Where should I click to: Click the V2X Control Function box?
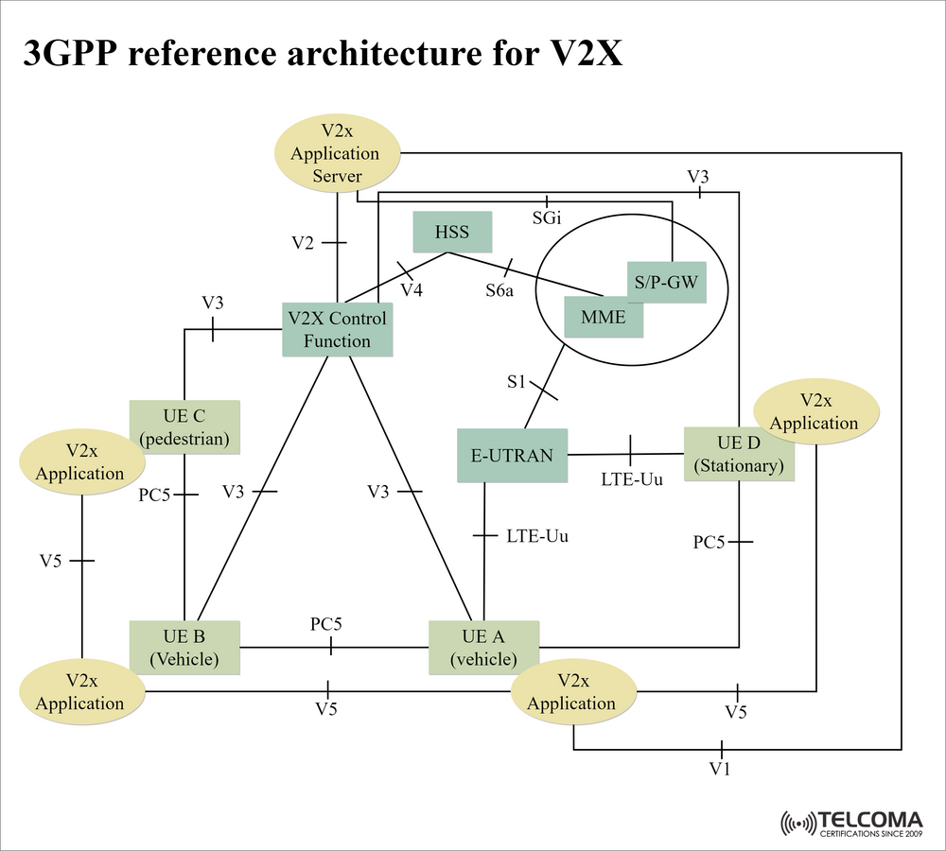pos(338,329)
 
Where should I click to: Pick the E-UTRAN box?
pos(512,455)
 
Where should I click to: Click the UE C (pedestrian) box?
pos(184,426)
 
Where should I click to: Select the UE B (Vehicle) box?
pos(184,647)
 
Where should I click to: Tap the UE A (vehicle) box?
pos(483,647)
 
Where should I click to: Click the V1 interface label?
pos(721,769)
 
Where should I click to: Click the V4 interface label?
pos(411,289)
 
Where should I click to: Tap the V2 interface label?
pos(302,243)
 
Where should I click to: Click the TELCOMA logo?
pos(850,824)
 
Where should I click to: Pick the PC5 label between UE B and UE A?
pos(326,624)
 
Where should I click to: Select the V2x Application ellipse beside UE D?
pos(815,411)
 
